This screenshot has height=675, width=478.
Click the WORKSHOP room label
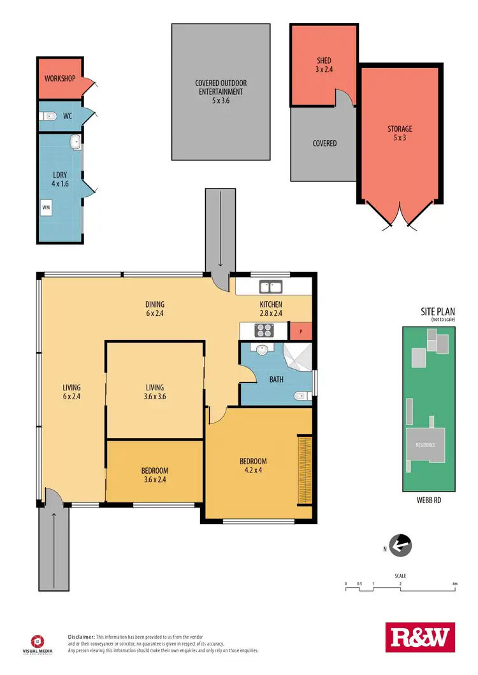tap(60, 79)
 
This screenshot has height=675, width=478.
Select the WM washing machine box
tap(46, 207)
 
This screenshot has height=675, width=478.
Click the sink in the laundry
tap(75, 141)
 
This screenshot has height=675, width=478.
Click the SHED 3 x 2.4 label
tap(324, 66)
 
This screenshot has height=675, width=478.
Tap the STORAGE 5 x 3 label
tap(400, 133)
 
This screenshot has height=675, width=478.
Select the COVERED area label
tap(324, 143)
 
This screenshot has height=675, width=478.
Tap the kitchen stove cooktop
tap(263, 330)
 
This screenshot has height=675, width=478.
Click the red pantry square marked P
tap(301, 331)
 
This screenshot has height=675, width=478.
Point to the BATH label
tap(276, 380)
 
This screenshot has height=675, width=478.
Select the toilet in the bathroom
tap(301, 396)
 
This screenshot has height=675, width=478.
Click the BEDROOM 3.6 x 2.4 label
tap(155, 476)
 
